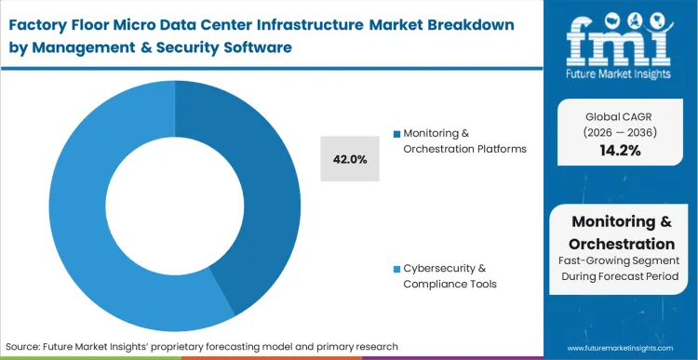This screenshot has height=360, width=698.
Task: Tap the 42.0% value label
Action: point(349,159)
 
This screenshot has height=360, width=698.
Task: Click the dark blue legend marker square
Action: point(396,133)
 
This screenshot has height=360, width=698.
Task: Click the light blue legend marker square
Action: point(396,268)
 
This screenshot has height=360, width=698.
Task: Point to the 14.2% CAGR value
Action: point(621,151)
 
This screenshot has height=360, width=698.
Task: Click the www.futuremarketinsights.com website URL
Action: point(620,346)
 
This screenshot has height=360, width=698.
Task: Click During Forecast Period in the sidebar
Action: point(621,277)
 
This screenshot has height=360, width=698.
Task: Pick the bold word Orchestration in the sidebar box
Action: point(621,243)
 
